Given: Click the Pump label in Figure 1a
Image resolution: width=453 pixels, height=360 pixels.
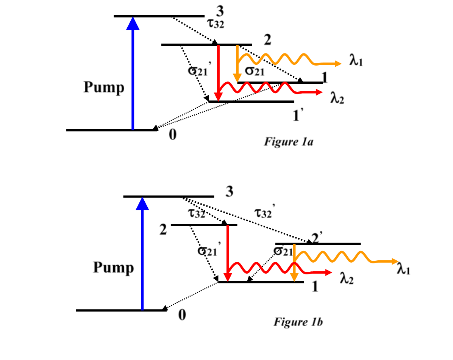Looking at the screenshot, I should tap(104, 88).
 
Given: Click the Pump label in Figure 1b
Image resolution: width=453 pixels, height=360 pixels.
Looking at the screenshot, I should tap(113, 268).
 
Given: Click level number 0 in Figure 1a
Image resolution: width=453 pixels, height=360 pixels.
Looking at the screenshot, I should tap(172, 135).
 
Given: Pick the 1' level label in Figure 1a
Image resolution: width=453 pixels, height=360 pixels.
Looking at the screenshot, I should tap(299, 116).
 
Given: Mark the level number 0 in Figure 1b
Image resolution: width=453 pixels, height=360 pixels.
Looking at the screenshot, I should tap(182, 315).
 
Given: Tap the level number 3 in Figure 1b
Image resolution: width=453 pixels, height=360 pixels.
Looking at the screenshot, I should tap(229, 192).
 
